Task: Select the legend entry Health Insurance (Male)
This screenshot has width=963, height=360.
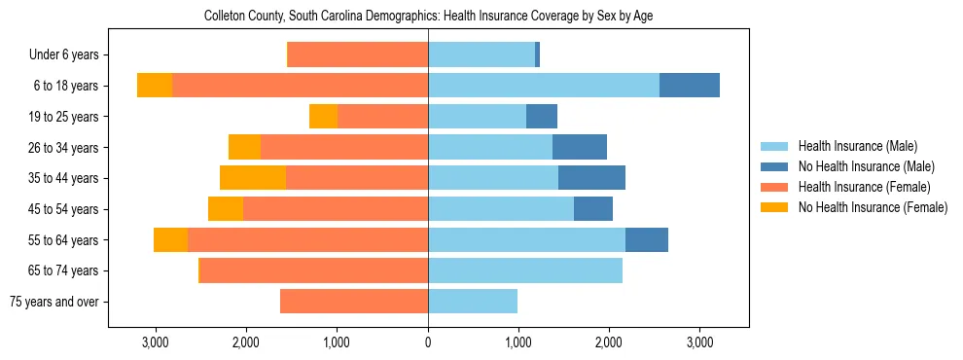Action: click(x=857, y=146)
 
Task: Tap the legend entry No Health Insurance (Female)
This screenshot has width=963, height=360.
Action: click(x=873, y=207)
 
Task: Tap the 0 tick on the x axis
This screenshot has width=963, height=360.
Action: click(x=428, y=342)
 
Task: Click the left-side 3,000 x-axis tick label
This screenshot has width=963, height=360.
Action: click(x=156, y=342)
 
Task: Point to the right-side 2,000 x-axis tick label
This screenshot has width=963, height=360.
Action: click(x=609, y=342)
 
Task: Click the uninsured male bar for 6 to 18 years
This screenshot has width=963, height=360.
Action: click(x=690, y=86)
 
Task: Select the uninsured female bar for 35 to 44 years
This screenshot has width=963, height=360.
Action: click(x=253, y=178)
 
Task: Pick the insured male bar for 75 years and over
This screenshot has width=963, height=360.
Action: click(x=473, y=302)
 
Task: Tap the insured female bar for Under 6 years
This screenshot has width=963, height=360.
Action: click(x=358, y=55)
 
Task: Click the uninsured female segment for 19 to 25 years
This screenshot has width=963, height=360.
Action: click(x=323, y=117)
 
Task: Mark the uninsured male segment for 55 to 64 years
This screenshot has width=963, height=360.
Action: click(x=647, y=240)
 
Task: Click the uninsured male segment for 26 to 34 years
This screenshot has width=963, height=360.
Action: click(x=580, y=148)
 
